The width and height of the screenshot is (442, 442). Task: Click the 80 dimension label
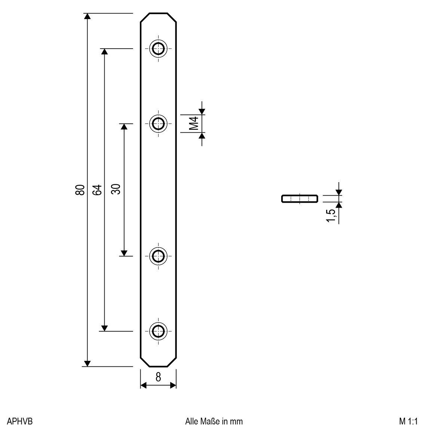coord(80,190)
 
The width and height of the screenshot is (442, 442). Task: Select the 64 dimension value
coord(97,190)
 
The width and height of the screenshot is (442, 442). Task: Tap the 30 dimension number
coord(116,189)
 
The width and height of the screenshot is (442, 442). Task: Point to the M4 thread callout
coord(194,123)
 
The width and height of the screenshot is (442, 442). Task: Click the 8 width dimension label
coord(158,377)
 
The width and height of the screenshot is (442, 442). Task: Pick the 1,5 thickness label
coord(331,215)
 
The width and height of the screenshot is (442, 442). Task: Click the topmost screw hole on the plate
coord(159,49)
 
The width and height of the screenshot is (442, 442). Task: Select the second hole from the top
coord(159,123)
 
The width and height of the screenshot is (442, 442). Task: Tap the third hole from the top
coord(159,256)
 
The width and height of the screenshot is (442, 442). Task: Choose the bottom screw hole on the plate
coord(159,331)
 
